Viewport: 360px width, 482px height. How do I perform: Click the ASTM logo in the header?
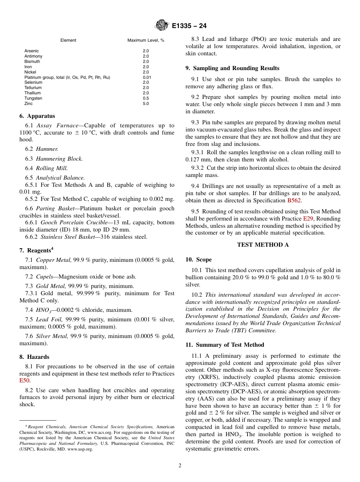[161, 26]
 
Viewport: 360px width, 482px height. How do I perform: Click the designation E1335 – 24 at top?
[189, 26]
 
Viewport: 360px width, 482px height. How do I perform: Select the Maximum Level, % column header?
[146, 40]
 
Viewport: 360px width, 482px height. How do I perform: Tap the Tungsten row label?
[33, 98]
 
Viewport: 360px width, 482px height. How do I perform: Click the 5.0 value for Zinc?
[146, 103]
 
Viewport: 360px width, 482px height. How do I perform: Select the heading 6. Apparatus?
[37, 116]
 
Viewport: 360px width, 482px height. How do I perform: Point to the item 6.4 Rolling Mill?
[46, 168]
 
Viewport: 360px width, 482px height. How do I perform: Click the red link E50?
[24, 381]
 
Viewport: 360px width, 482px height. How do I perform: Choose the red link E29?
[308, 219]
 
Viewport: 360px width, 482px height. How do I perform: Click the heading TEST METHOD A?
[263, 245]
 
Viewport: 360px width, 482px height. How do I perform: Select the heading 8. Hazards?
[34, 357]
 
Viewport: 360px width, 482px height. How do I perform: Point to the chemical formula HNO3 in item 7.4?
[42, 310]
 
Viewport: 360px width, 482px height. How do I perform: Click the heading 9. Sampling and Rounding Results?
[232, 68]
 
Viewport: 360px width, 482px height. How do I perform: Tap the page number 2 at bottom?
[180, 466]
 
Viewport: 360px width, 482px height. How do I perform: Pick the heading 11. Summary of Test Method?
[225, 345]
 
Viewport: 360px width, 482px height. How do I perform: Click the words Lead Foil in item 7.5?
[47, 319]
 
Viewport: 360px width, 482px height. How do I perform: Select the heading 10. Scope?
[199, 260]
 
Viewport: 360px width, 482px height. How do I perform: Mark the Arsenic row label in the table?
[31, 51]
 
